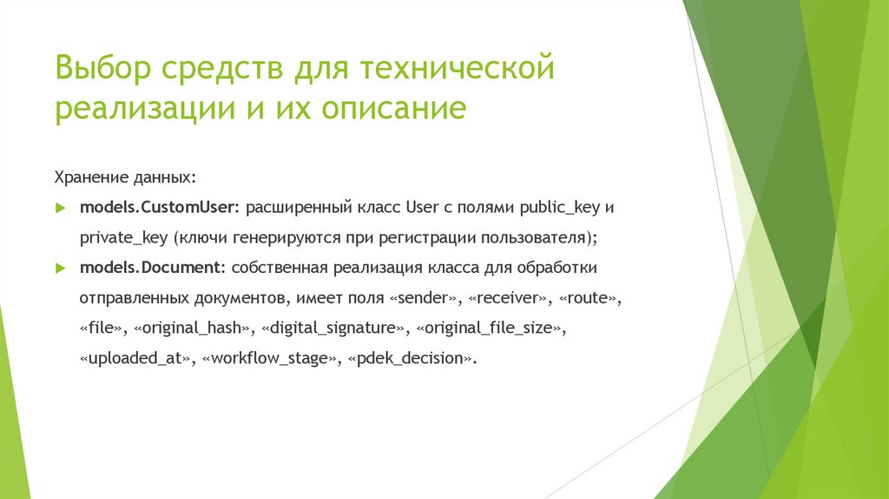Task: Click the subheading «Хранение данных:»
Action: [126, 177]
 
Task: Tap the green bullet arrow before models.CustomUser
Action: [61, 209]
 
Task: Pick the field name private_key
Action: [122, 237]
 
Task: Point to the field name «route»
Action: [589, 297]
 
